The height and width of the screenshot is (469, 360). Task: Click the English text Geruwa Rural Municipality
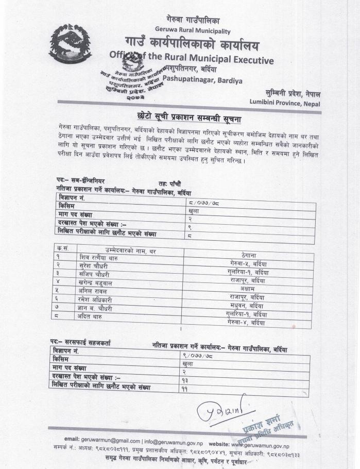[x=187, y=30]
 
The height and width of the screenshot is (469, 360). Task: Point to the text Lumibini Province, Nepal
[x=285, y=103]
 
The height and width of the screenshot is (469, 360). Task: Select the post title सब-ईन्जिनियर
[x=87, y=181]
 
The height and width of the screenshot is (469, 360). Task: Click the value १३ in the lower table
[x=185, y=380]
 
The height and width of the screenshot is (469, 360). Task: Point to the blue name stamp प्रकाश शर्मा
[x=262, y=424]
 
